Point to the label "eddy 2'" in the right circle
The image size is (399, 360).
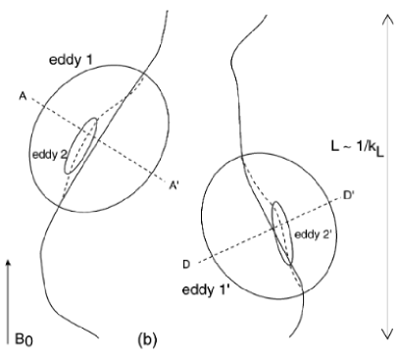pos(311,235)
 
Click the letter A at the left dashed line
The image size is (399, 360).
pos(21,94)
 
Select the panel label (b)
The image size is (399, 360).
pos(146,341)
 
